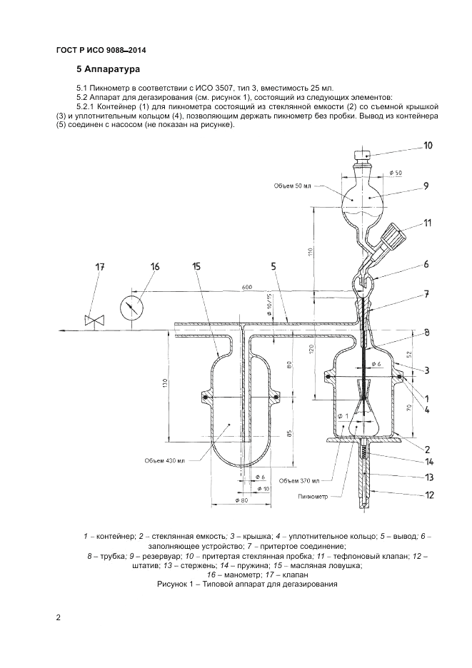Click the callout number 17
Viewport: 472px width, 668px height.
pos(100,268)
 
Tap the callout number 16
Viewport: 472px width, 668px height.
pos(155,266)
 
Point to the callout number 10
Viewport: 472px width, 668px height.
pos(428,146)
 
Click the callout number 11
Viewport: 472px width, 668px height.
pos(427,223)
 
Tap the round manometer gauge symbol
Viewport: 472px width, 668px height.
pos(132,308)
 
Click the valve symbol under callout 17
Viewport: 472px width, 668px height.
pos(91,320)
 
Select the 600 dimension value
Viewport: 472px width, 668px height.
pos(246,287)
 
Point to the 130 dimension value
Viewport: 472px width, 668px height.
pos(165,385)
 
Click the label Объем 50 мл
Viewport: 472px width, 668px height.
pos(293,186)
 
